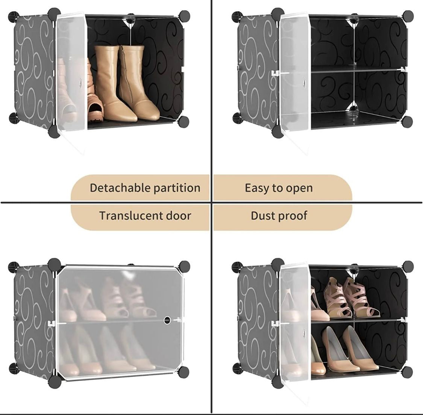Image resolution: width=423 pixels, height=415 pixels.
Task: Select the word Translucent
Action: click(x=130, y=216)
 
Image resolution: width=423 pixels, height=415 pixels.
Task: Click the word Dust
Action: click(x=263, y=216)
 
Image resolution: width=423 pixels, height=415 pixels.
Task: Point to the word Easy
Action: click(x=258, y=188)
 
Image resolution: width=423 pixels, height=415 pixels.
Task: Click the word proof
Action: click(x=293, y=216)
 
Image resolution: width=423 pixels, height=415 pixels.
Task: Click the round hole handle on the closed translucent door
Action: click(x=167, y=320)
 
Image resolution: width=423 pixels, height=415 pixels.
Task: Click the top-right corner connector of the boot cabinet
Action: click(x=184, y=16)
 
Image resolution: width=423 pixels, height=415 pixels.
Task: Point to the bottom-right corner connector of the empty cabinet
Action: click(x=407, y=121)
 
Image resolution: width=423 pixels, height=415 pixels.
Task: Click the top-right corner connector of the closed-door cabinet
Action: click(x=184, y=266)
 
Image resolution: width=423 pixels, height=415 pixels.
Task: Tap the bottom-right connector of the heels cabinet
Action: click(x=407, y=372)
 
